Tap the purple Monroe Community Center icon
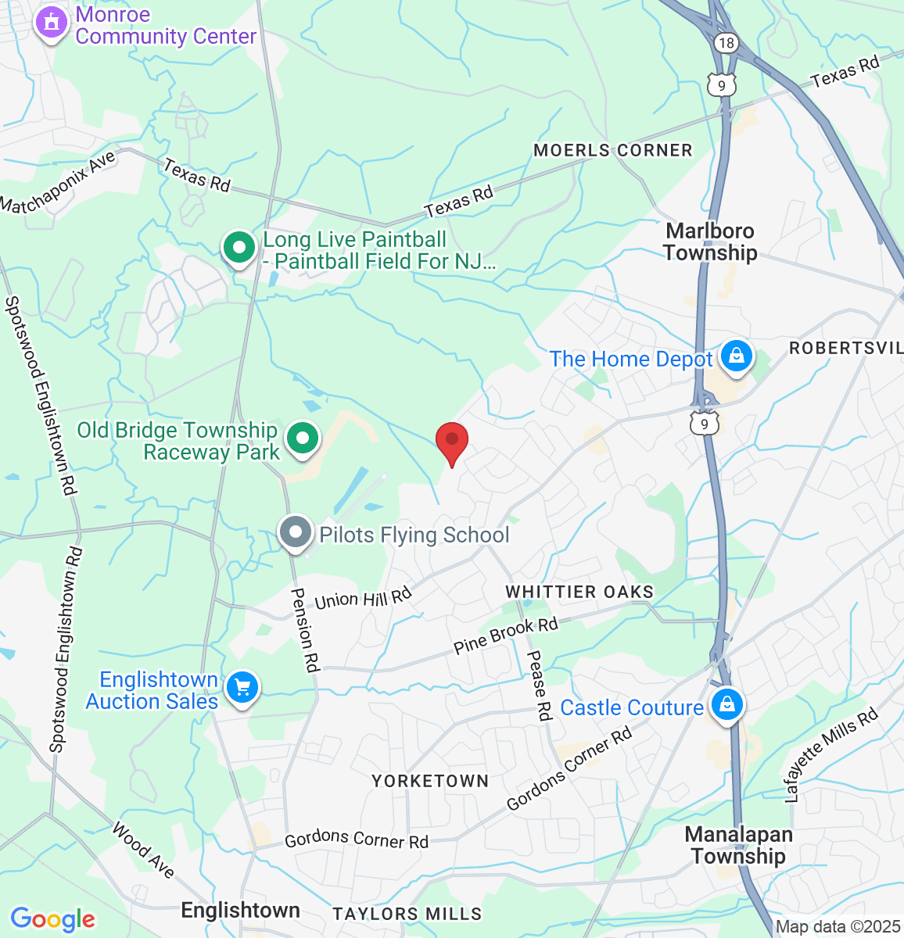pos(52,23)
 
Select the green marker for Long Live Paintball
pos(239,248)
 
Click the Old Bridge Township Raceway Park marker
pos(303,439)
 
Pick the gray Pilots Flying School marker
pos(296,533)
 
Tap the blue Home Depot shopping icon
pos(736,356)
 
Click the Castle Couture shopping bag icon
pos(727,705)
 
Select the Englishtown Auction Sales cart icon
pos(242,688)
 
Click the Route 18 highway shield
pos(726,42)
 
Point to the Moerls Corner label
pos(613,150)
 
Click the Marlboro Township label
pos(710,242)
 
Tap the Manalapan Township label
pos(739,845)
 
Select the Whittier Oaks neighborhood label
pos(579,592)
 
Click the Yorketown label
pos(430,781)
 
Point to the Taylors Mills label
pos(407,914)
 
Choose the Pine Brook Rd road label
pos(506,635)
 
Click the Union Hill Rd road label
pos(363,599)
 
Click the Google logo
pos(53,919)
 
